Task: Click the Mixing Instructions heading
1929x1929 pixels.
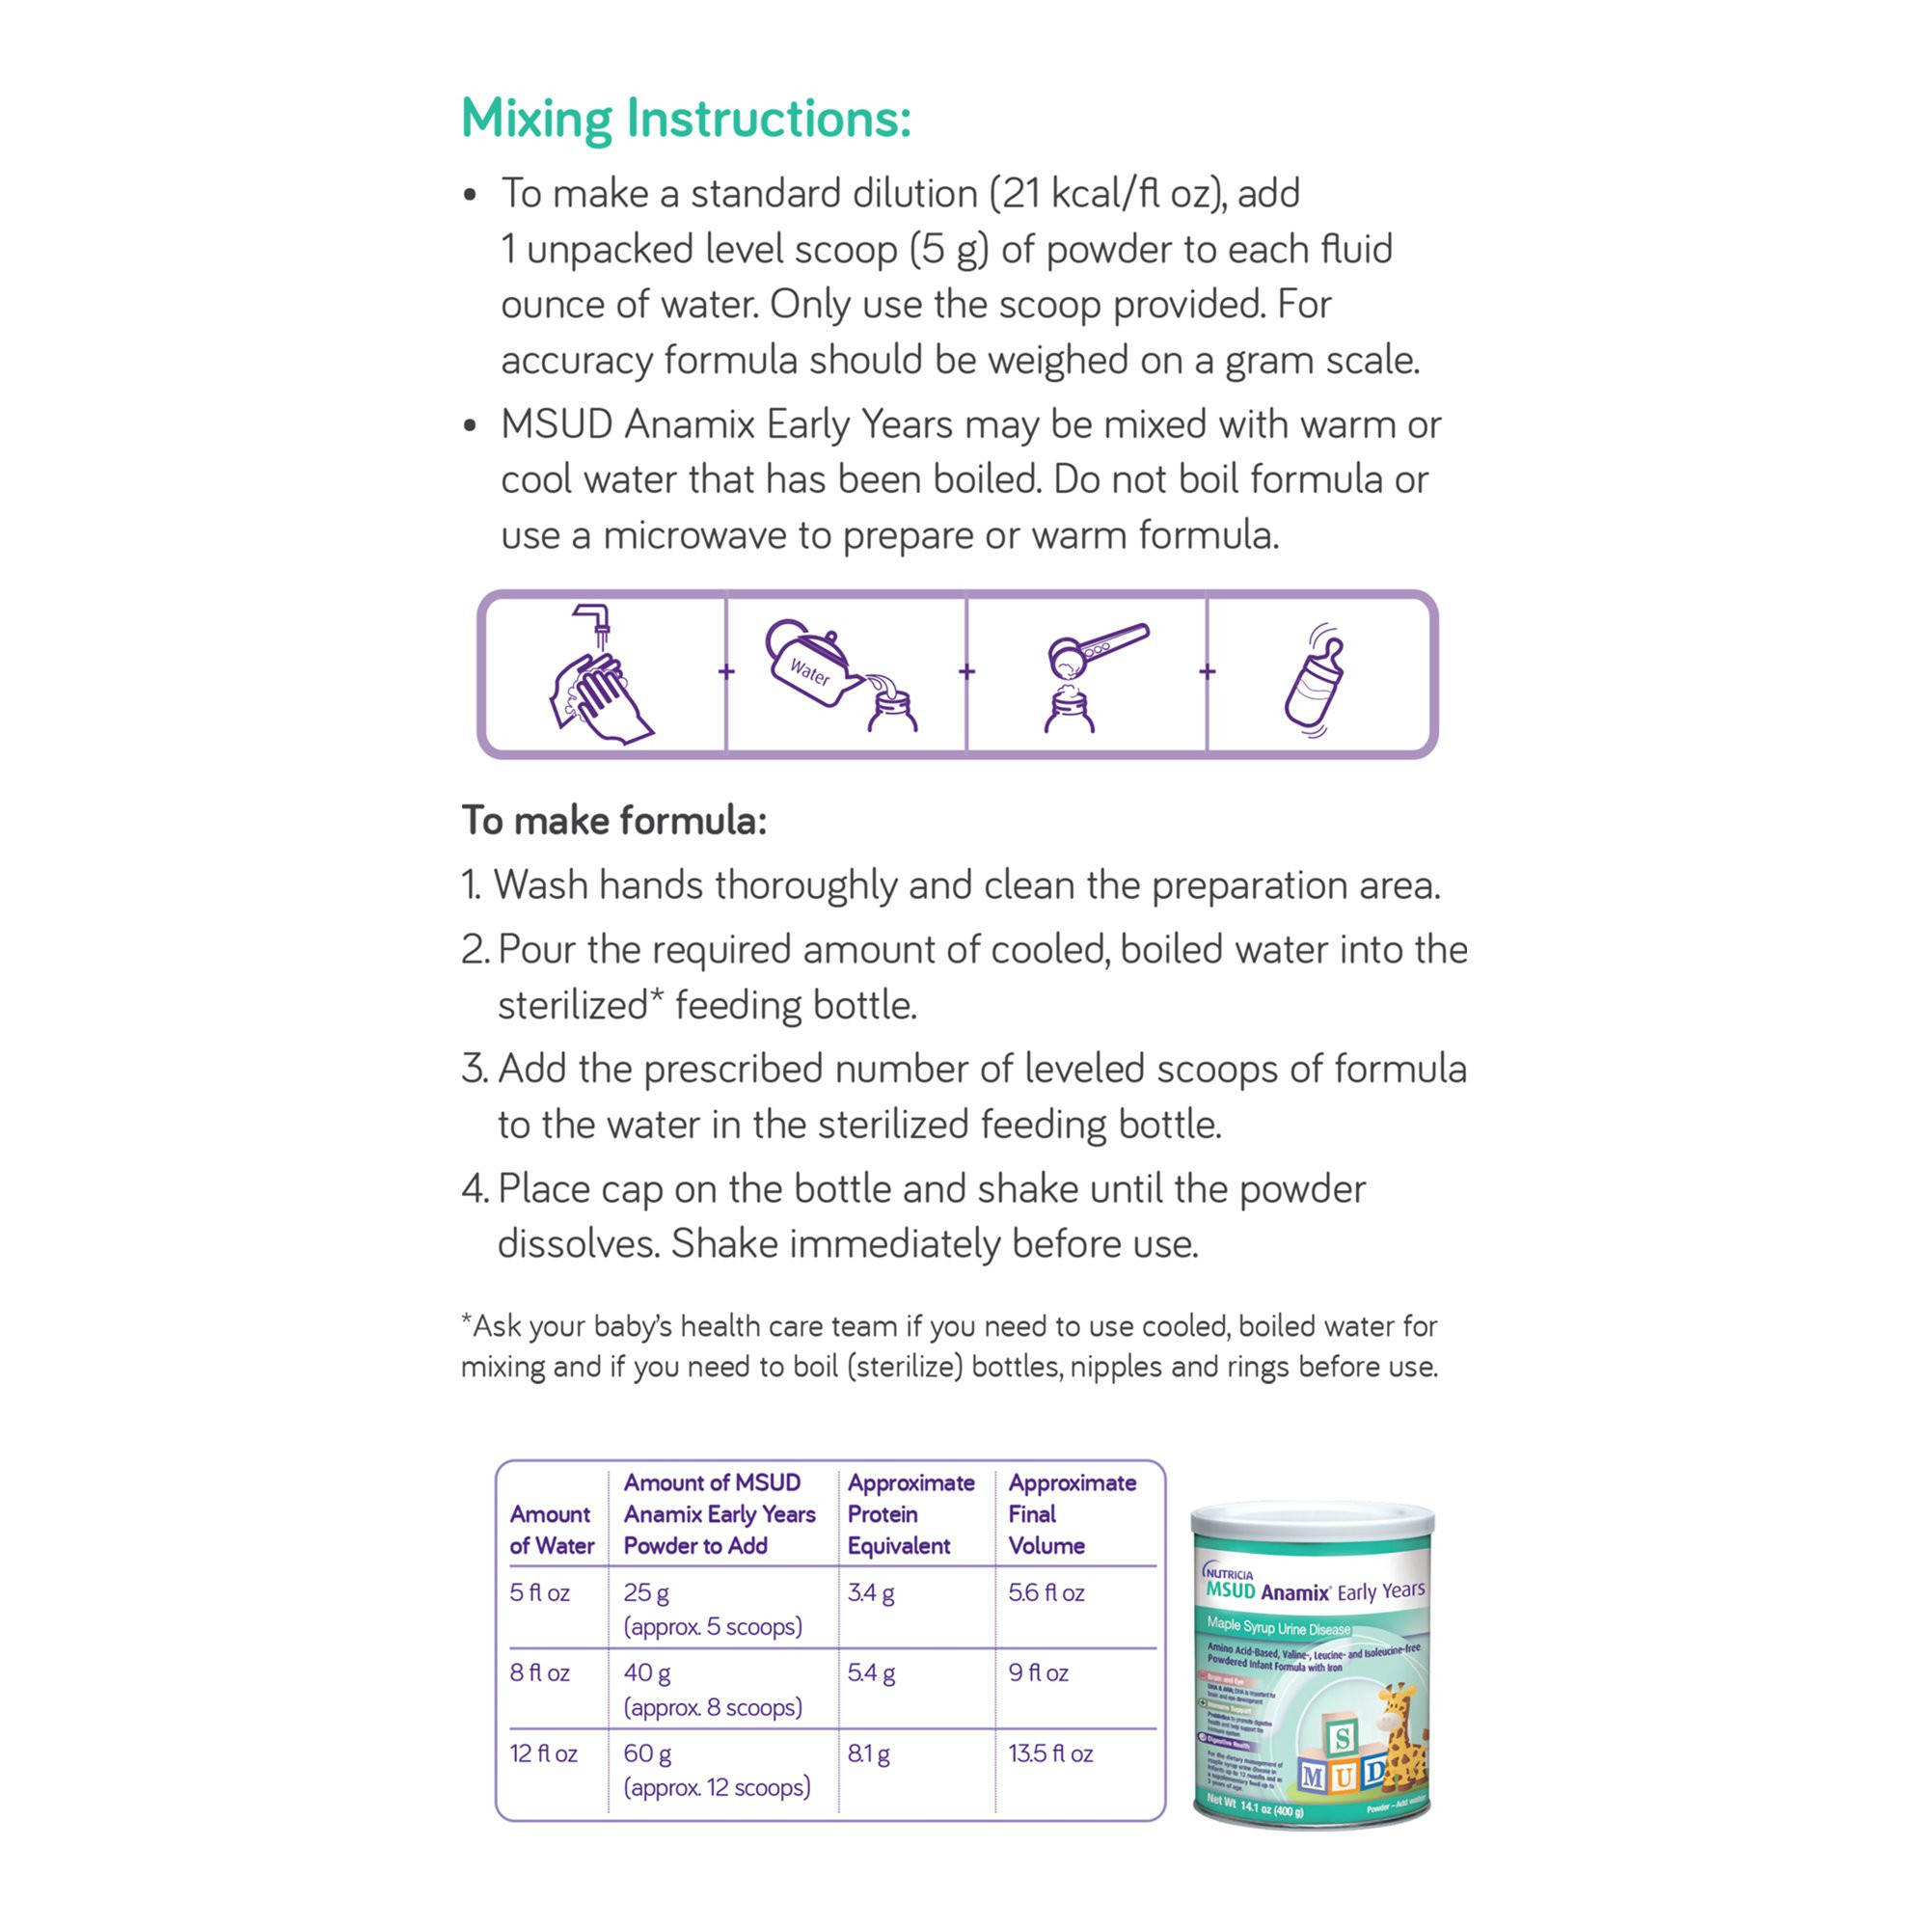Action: pos(686,119)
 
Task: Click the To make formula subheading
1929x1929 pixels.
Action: pos(613,821)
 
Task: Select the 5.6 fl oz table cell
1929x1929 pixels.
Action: pos(1046,1592)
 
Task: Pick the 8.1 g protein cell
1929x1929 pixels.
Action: pos(869,1753)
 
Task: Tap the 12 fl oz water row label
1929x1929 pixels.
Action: pos(543,1753)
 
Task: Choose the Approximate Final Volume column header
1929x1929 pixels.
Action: pos(1072,1513)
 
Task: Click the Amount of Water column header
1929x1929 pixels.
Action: pos(551,1530)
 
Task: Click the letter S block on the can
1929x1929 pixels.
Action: pos(1342,1738)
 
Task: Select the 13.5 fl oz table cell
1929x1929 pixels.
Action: pos(1050,1753)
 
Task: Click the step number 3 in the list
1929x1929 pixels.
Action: pos(474,1070)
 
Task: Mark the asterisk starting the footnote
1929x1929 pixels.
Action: pos(466,1323)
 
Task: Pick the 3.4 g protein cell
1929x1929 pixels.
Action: pos(871,1592)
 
